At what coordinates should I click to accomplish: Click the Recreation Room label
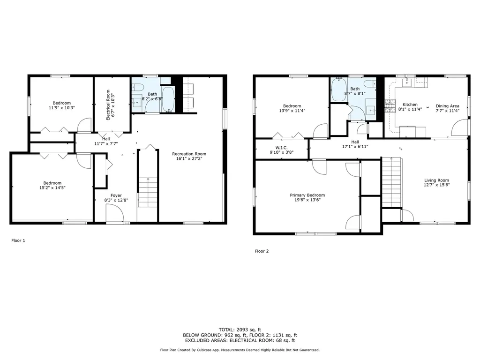(x=189, y=154)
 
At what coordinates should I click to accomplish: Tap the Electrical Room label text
(x=108, y=105)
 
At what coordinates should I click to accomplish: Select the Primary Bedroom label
(x=307, y=195)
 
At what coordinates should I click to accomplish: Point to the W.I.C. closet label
(x=281, y=148)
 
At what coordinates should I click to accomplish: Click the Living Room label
(x=436, y=180)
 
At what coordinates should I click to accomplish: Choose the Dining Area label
(x=448, y=106)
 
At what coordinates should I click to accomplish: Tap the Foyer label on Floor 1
(x=116, y=195)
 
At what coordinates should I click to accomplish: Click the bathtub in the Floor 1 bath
(x=168, y=99)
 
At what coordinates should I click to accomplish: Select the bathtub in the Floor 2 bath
(x=339, y=90)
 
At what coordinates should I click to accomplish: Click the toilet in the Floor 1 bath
(x=137, y=88)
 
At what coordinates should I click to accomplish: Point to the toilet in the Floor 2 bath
(x=370, y=83)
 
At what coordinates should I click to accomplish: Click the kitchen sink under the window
(x=407, y=82)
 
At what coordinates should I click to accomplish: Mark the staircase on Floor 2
(x=391, y=182)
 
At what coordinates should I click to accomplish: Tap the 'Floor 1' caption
(x=18, y=240)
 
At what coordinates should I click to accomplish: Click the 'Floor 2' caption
(x=262, y=251)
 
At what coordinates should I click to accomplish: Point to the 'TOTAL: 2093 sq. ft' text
(x=240, y=330)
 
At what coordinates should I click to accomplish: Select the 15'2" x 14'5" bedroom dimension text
(x=52, y=187)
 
